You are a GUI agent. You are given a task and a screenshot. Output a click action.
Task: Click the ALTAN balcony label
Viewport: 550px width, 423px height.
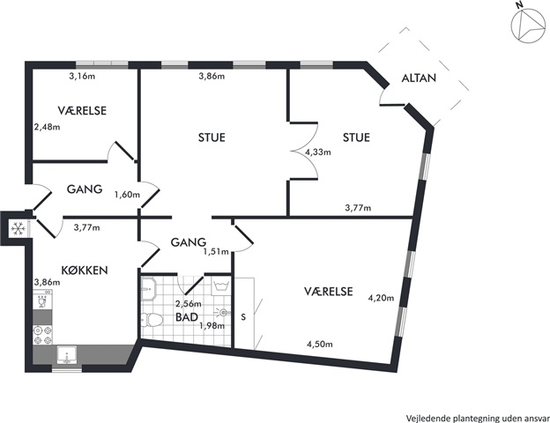(x=419, y=78)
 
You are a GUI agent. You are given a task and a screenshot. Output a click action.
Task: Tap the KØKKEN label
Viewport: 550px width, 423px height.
(x=85, y=270)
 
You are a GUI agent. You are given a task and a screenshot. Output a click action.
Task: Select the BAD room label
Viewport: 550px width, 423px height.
(x=187, y=317)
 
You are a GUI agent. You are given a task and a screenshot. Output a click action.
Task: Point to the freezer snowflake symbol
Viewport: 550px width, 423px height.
(x=19, y=229)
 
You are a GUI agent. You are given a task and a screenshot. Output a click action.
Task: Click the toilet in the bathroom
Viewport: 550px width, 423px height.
(x=152, y=320)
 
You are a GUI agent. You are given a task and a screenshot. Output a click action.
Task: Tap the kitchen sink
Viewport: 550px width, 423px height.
(x=67, y=354)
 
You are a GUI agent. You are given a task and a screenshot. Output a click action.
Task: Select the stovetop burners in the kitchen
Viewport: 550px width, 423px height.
(x=42, y=335)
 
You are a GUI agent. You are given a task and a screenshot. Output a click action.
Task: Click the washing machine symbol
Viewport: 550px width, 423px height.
(x=220, y=286)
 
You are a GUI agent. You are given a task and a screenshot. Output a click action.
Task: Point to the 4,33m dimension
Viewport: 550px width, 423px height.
(x=318, y=152)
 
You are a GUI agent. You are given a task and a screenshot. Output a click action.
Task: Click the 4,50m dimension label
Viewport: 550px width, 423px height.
(x=320, y=344)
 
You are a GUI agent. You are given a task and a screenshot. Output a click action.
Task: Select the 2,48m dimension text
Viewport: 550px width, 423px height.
(x=47, y=127)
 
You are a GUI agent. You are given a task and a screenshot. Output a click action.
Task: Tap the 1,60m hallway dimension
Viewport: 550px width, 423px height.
(x=127, y=194)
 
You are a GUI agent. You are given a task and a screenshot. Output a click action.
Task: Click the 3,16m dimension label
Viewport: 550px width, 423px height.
(x=82, y=76)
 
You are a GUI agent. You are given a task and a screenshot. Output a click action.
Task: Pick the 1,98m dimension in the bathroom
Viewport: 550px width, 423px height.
(x=212, y=326)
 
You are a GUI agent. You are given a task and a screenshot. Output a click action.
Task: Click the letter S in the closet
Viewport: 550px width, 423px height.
(x=243, y=317)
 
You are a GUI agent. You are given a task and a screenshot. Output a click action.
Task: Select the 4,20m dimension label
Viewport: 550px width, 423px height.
(x=381, y=298)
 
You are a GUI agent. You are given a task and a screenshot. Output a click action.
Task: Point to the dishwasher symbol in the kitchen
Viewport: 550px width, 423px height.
(x=42, y=300)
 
